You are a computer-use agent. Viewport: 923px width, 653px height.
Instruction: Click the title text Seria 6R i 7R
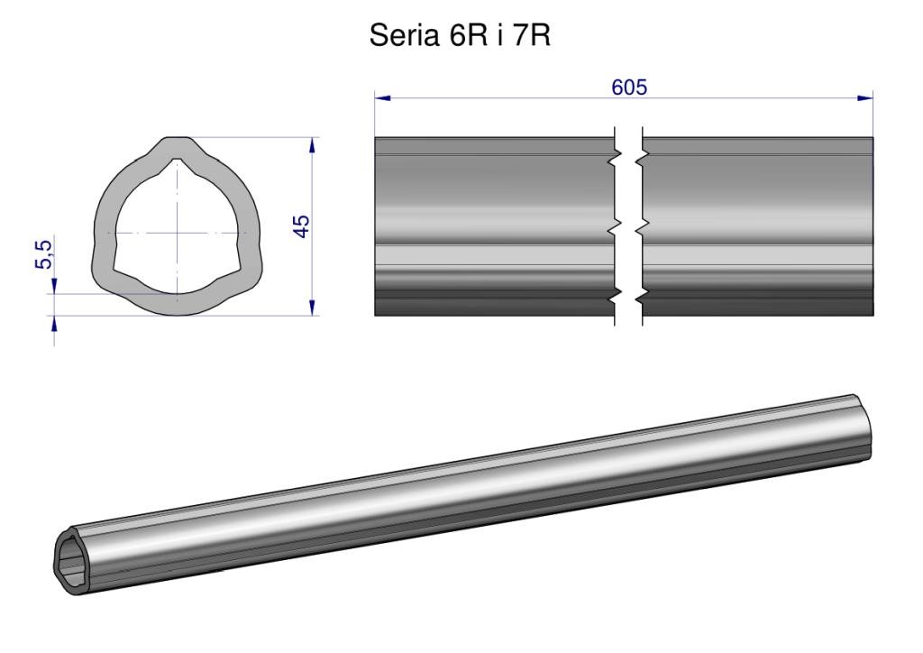point(460,35)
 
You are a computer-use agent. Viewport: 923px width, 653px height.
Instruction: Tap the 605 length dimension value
point(629,87)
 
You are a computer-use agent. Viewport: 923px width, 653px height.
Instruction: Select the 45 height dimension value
point(301,226)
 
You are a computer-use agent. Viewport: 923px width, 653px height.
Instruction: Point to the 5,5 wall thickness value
point(43,254)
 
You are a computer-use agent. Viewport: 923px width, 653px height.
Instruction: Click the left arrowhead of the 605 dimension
point(382,97)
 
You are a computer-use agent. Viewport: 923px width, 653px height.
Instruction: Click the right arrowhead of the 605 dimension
point(865,97)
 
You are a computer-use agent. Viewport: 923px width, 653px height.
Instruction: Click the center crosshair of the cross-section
point(177,234)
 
